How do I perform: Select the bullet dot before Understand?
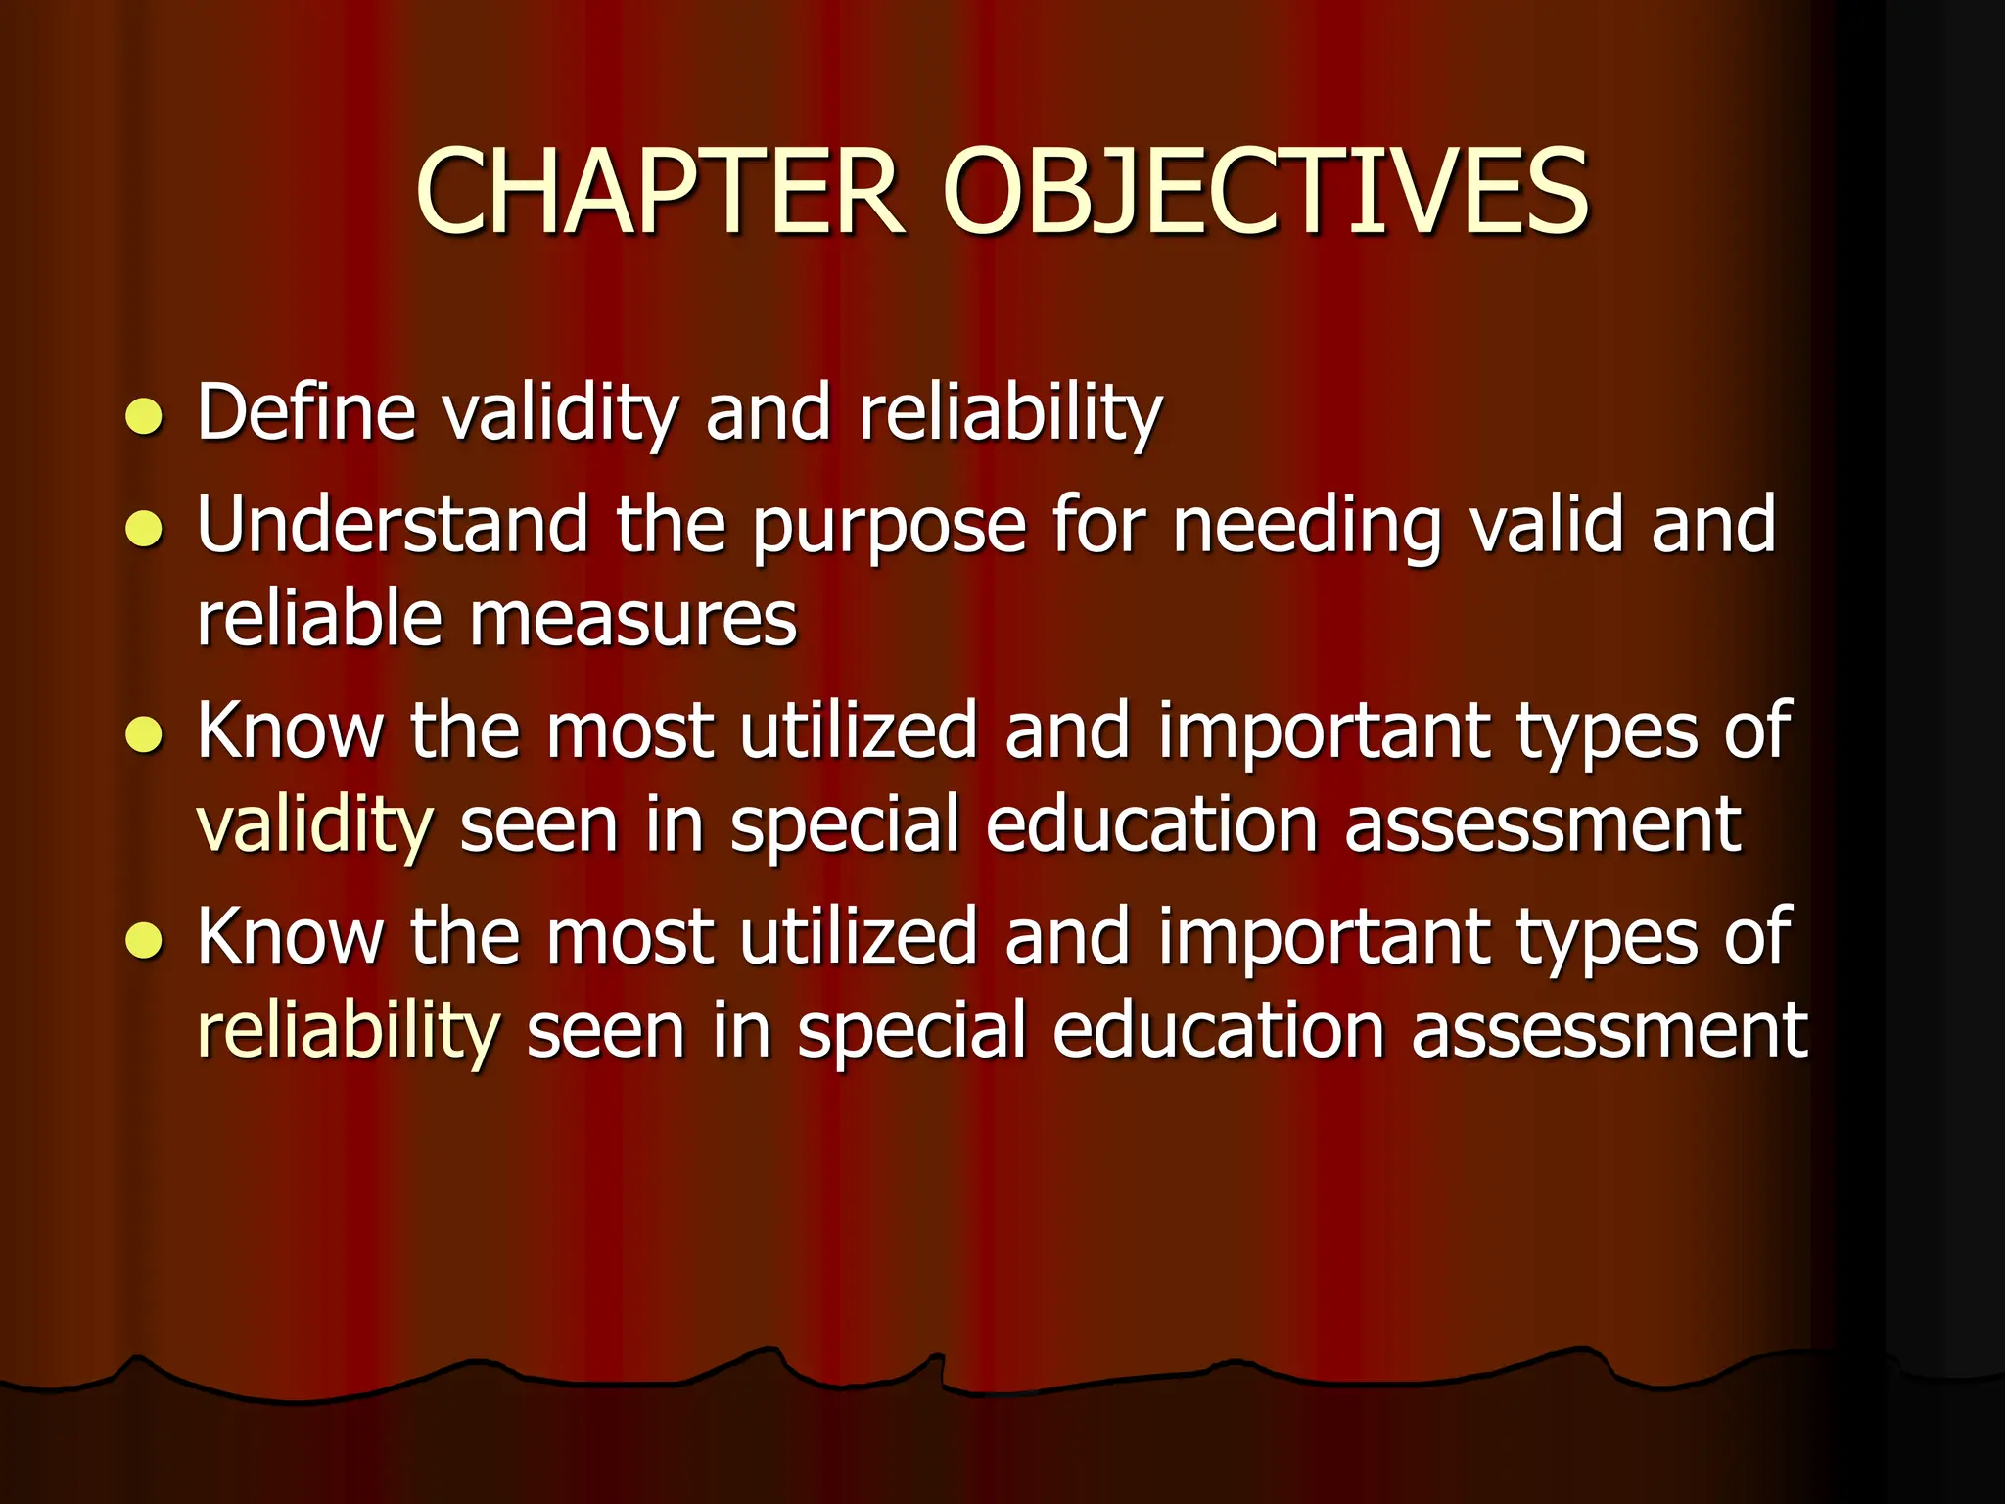point(144,530)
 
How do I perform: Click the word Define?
point(306,412)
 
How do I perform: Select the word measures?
point(633,620)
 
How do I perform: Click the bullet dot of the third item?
point(144,735)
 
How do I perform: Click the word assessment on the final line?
point(1609,1031)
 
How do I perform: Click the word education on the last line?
point(1218,1031)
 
